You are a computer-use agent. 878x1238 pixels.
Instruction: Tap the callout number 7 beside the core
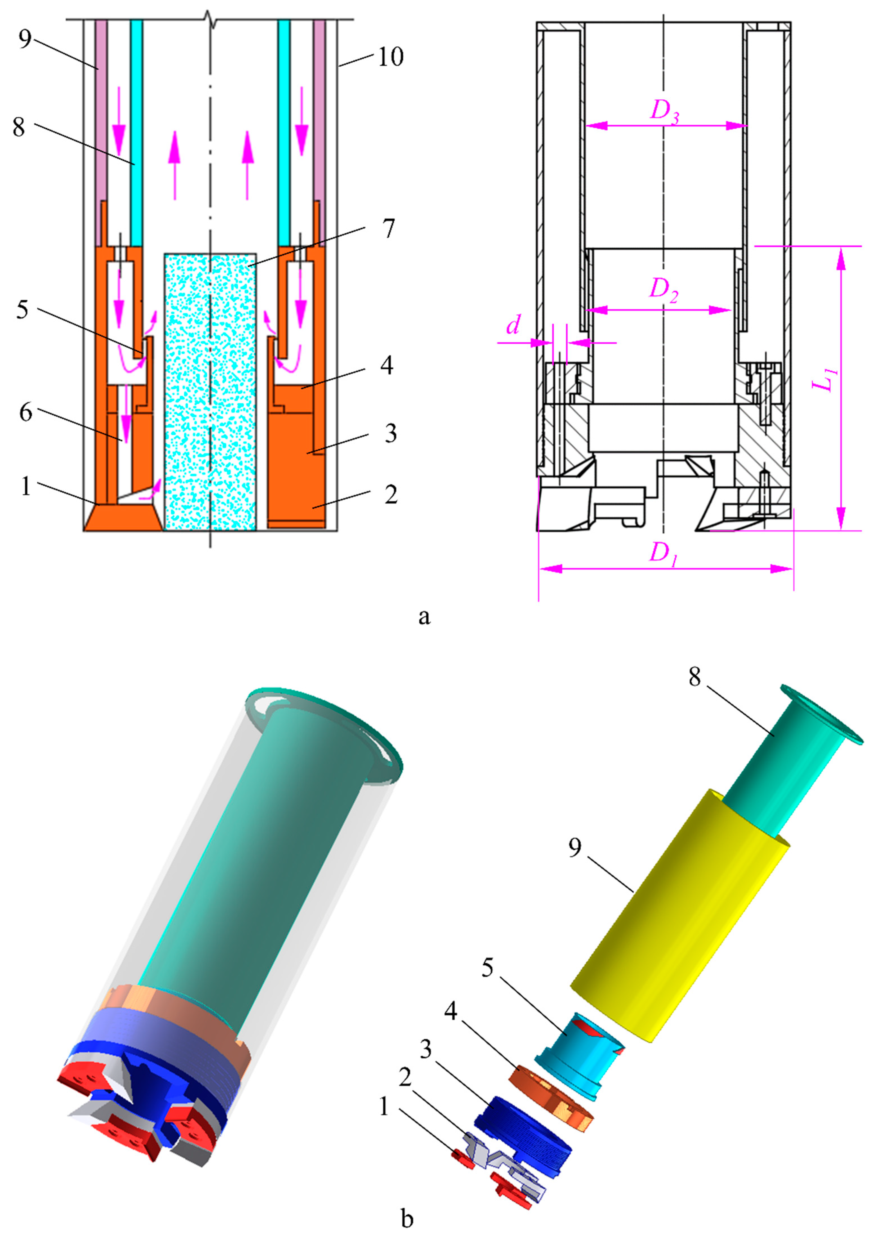(388, 229)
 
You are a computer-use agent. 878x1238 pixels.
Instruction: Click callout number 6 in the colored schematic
(25, 413)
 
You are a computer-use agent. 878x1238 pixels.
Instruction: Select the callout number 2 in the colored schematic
(390, 495)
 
